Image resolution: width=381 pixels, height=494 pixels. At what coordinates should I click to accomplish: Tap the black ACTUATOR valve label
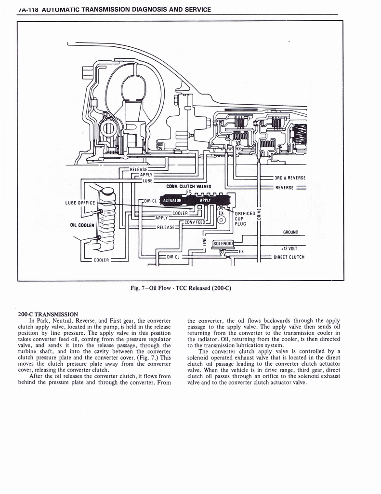(x=172, y=200)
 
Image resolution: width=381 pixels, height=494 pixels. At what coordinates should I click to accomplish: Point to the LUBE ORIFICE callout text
(x=81, y=202)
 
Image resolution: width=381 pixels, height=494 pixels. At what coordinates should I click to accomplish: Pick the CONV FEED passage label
(x=195, y=222)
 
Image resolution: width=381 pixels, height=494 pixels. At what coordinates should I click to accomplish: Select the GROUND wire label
(x=292, y=232)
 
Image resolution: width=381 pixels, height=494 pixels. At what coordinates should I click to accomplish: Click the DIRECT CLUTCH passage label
(x=289, y=257)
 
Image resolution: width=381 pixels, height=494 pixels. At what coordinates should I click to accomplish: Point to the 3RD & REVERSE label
(x=290, y=178)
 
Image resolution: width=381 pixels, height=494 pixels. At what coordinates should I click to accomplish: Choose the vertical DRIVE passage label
(x=259, y=212)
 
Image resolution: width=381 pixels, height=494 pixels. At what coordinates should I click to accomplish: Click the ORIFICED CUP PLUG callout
(x=244, y=219)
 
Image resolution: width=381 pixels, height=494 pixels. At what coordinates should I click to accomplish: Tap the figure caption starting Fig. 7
(x=181, y=288)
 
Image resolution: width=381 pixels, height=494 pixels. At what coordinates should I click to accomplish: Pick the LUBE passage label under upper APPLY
(x=147, y=180)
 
